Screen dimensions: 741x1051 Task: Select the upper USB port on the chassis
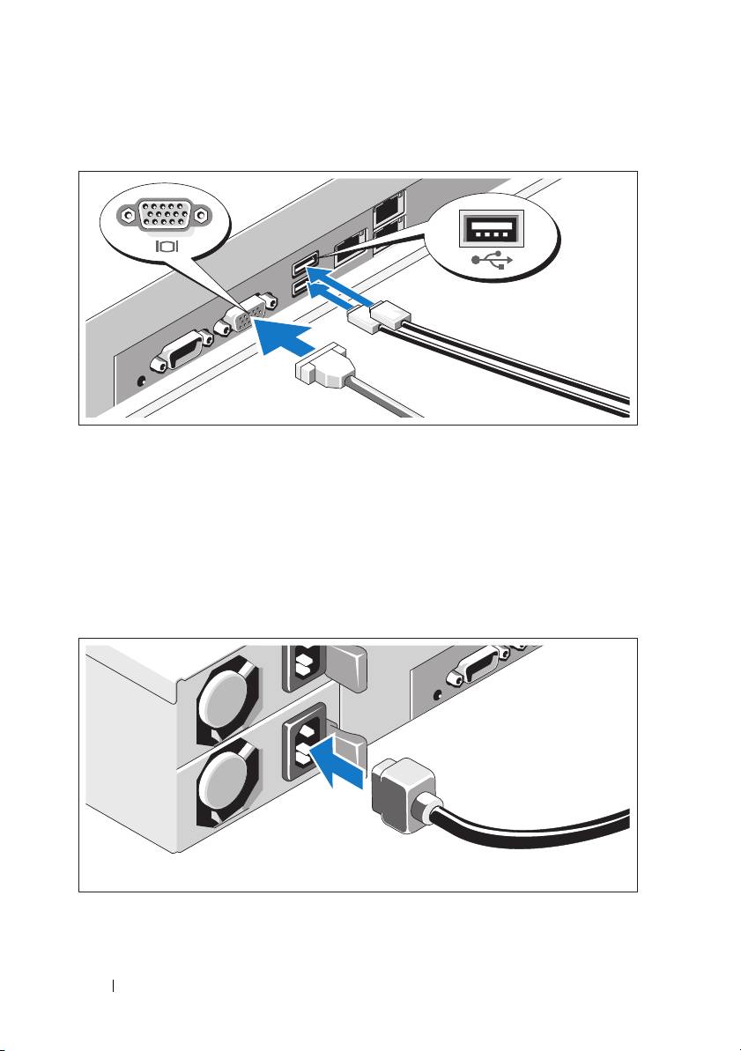click(x=308, y=263)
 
